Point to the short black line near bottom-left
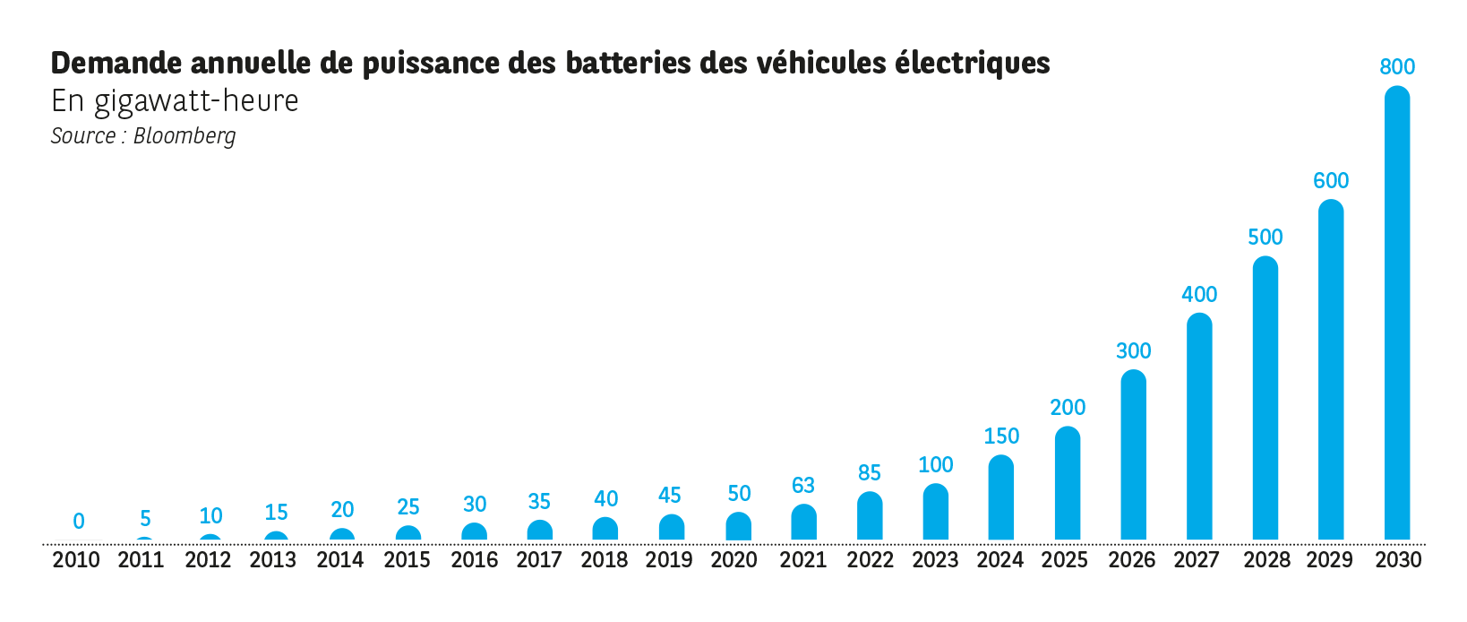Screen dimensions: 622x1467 (x=95, y=540)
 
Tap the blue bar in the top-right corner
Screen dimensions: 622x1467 (x=1424, y=65)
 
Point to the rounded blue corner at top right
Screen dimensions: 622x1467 (x=1394, y=95)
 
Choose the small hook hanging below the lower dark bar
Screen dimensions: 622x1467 (x=228, y=146)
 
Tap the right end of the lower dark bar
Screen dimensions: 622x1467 (x=1382, y=136)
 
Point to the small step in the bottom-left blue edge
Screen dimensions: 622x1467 (x=43, y=541)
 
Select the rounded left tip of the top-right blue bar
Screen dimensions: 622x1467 (x=1384, y=65)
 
